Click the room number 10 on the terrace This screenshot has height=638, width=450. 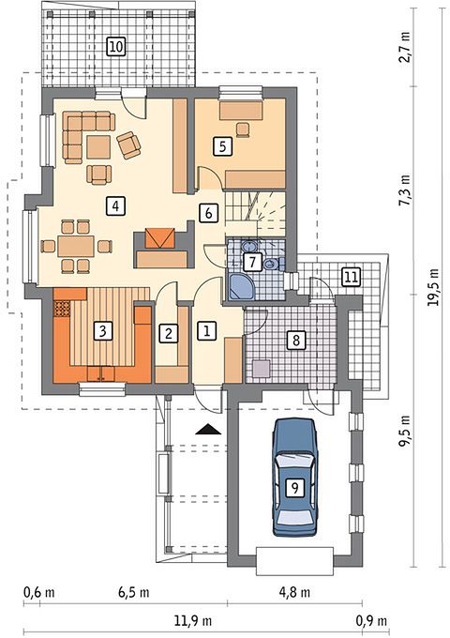[x=116, y=46]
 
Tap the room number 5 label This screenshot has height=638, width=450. [x=222, y=146]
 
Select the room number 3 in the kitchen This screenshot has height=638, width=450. [x=102, y=331]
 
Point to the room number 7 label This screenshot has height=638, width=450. [x=253, y=262]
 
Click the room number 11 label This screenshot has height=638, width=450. [x=352, y=278]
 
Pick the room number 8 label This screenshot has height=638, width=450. [x=296, y=339]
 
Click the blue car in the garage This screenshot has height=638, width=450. [x=294, y=477]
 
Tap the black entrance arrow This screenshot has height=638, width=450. [x=208, y=430]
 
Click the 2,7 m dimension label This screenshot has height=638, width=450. [x=405, y=47]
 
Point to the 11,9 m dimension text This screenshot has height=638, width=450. [x=193, y=621]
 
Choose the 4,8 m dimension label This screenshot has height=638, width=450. [x=294, y=592]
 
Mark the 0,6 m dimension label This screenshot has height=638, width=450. [x=38, y=592]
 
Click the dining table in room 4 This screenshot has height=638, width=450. [x=76, y=246]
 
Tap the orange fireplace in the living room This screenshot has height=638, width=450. [x=160, y=238]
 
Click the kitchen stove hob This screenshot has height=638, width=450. [x=62, y=309]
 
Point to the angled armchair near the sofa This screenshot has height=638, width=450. [x=128, y=144]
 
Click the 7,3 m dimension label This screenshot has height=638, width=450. [x=405, y=190]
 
